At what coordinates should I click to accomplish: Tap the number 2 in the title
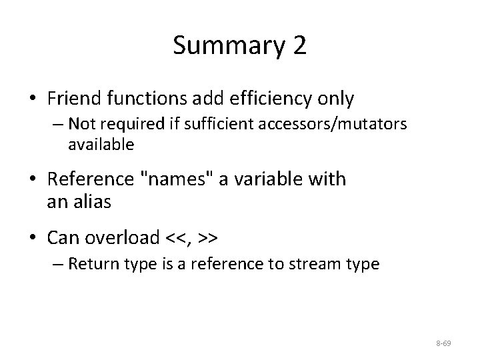pyautogui.click(x=299, y=45)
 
